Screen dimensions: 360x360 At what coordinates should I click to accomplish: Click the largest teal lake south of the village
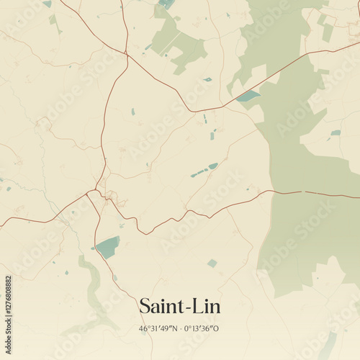click(108, 247)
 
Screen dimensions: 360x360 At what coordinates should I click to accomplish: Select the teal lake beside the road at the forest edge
click(248, 96)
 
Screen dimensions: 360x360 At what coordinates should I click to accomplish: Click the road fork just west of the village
click(87, 193)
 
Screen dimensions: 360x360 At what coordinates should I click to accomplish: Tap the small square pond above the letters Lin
click(212, 264)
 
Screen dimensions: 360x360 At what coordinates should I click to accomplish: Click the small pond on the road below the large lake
click(114, 277)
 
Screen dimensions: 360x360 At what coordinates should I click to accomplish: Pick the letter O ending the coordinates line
click(217, 329)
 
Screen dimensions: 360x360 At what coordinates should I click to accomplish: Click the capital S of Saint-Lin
click(144, 307)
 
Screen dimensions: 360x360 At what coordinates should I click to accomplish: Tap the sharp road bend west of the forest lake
click(192, 111)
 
